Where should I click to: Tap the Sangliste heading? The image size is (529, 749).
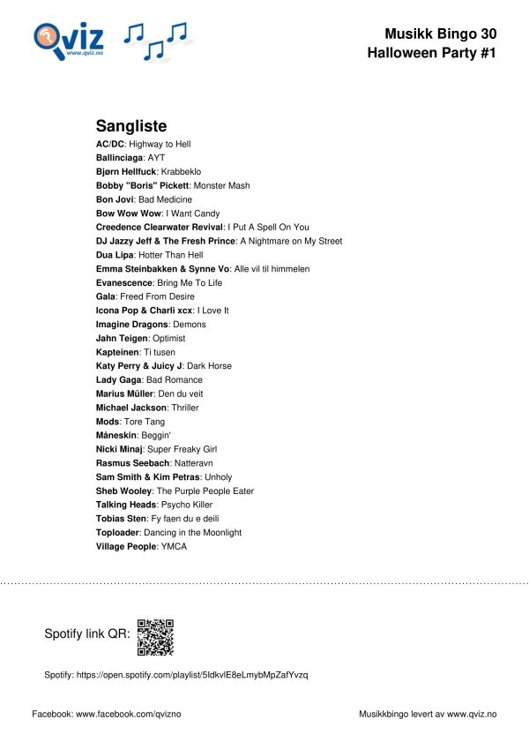tap(130, 126)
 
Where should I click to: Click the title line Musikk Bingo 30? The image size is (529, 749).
tap(440, 34)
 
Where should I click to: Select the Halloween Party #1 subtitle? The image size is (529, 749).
tap(431, 53)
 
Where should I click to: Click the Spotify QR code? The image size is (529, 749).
tap(155, 637)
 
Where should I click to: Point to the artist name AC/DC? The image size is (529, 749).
tap(109, 144)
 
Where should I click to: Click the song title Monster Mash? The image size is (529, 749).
tap(221, 185)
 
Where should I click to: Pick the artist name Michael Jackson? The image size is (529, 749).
tap(130, 408)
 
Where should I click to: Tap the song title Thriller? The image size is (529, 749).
tap(185, 408)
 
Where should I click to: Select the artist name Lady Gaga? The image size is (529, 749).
tap(119, 379)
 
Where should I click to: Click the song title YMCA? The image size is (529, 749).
tap(174, 547)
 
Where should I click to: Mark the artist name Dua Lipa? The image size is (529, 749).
tap(115, 255)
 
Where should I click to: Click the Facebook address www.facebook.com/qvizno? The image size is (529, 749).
tap(129, 713)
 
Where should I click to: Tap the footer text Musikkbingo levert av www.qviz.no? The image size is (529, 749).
tap(428, 713)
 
